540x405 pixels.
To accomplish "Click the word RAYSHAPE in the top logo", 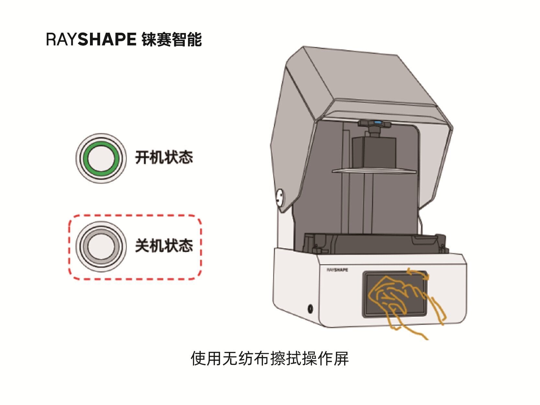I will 91,39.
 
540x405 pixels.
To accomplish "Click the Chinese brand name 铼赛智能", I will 172,39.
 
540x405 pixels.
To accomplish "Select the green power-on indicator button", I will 101,158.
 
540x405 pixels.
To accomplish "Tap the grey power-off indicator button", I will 101,246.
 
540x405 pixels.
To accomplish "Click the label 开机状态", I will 164,158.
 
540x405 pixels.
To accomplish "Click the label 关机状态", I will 164,246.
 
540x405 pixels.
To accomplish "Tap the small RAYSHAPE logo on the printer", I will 337,270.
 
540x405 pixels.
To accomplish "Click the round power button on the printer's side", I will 310,308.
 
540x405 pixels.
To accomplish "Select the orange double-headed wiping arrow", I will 418,273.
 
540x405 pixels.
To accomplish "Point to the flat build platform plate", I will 374,171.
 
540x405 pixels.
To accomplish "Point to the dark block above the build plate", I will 374,152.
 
